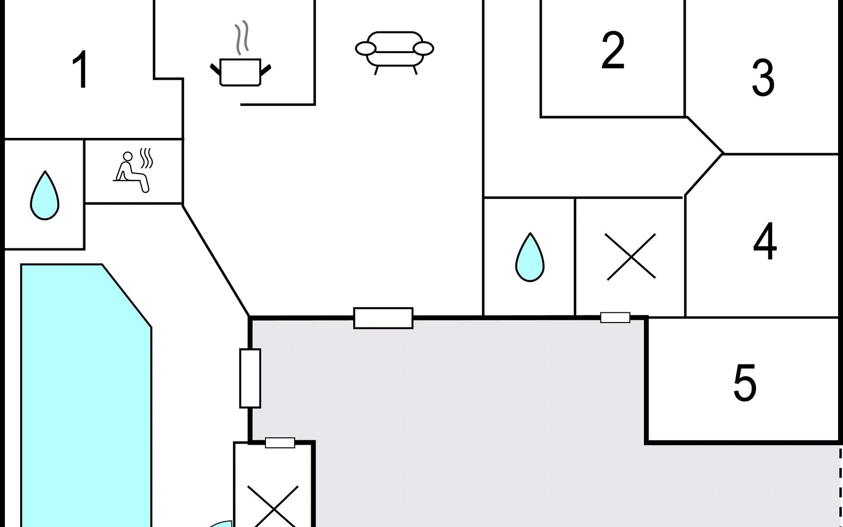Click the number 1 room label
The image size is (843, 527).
(81, 69)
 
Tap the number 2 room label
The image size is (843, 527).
(612, 51)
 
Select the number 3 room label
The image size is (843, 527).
(763, 78)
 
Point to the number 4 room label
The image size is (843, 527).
(765, 241)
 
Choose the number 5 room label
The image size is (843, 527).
(745, 383)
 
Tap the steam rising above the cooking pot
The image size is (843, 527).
(241, 37)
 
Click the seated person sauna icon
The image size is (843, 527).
(132, 171)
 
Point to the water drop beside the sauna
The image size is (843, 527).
(45, 196)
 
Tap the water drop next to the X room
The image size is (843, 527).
(530, 258)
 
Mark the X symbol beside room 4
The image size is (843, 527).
(630, 256)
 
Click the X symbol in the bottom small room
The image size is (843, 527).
(273, 507)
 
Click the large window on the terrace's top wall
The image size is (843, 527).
(383, 318)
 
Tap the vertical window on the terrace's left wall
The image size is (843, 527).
(250, 378)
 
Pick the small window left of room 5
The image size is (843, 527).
(615, 317)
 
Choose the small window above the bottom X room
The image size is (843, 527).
(280, 443)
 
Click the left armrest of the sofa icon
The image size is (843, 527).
(365, 48)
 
